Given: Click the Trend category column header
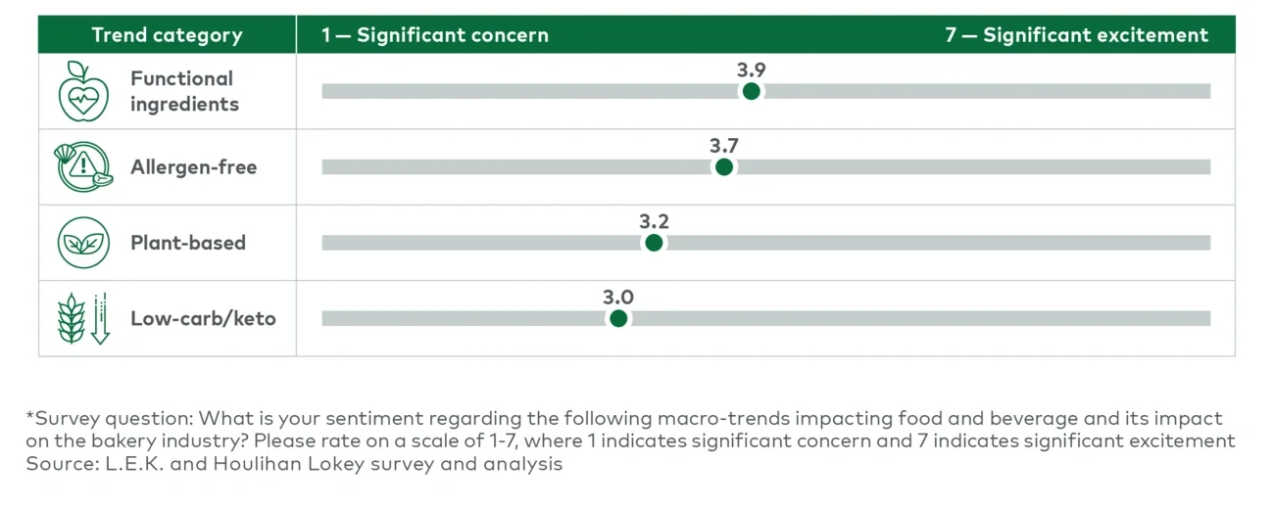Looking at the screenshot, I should pyautogui.click(x=167, y=35).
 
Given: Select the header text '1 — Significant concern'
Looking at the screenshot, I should pyautogui.click(x=435, y=35).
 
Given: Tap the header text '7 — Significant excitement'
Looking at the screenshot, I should pyautogui.click(x=1076, y=35).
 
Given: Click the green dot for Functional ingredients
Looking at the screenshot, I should pyautogui.click(x=752, y=91).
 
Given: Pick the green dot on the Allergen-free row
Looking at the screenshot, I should pyautogui.click(x=724, y=167).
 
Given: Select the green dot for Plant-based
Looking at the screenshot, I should pyautogui.click(x=654, y=243).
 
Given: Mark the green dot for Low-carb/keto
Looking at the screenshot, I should pyautogui.click(x=618, y=318).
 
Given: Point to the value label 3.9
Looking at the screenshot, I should pyautogui.click(x=752, y=69).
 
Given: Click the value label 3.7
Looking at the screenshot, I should pyautogui.click(x=724, y=146).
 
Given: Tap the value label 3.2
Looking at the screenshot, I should pyautogui.click(x=654, y=221).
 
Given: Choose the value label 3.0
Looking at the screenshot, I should pyautogui.click(x=618, y=297).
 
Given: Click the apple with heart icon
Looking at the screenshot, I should pyautogui.click(x=83, y=91).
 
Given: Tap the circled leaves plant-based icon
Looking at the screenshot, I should pyautogui.click(x=83, y=243).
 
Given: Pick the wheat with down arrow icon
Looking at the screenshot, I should pyautogui.click(x=83, y=319).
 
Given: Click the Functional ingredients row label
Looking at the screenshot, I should pyautogui.click(x=184, y=91).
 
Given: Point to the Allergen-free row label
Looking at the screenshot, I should pyautogui.click(x=193, y=167).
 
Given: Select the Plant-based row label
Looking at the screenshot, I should pyautogui.click(x=188, y=243).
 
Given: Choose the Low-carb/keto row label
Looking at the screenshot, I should pyautogui.click(x=203, y=319).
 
